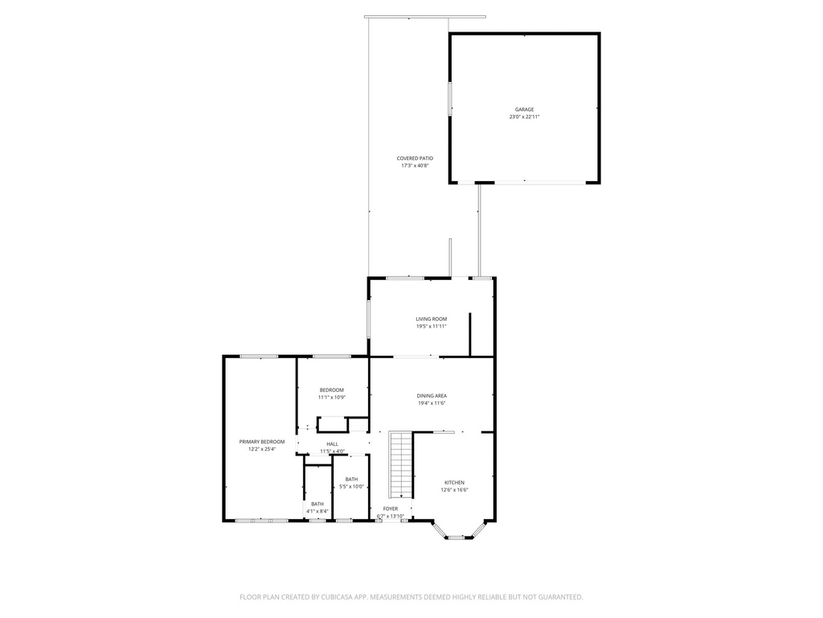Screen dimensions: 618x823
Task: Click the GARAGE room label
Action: (524, 109)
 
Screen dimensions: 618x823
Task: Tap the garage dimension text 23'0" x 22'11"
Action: (524, 117)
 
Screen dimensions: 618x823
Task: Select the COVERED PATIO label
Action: (415, 158)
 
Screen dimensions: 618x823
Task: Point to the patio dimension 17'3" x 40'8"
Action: (415, 166)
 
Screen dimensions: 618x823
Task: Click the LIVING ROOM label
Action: (431, 319)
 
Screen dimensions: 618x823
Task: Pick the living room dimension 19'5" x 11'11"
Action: (431, 327)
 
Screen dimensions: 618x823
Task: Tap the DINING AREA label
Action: (432, 395)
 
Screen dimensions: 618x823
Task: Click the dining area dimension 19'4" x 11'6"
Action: (432, 403)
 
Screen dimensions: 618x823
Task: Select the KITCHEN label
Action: (454, 482)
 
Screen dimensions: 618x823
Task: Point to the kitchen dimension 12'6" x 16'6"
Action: (454, 490)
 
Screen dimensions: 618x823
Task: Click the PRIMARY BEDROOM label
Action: (262, 441)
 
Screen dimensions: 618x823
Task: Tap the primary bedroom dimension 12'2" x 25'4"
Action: (262, 449)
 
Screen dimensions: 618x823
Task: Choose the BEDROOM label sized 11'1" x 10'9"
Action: (331, 389)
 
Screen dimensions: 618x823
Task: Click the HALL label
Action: (332, 444)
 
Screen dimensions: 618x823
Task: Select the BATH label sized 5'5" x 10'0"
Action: (352, 479)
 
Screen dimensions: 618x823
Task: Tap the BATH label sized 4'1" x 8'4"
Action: (317, 504)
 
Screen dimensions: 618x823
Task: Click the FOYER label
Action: (390, 509)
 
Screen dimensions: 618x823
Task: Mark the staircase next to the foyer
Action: (400, 465)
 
